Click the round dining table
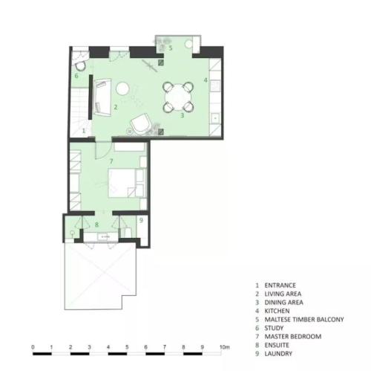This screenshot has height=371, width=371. coord(178,97)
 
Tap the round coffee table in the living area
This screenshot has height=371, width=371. coord(122,88)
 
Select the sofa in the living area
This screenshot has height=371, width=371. coord(102,97)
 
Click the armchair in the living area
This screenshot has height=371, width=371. coord(141,124)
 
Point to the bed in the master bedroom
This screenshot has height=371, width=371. coord(122,183)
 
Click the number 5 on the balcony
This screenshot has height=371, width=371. coord(171,48)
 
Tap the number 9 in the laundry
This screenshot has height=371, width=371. coord(141,220)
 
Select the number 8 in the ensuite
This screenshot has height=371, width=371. coord(96,225)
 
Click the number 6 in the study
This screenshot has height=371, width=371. coord(76,76)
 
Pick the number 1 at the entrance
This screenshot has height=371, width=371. coord(84,130)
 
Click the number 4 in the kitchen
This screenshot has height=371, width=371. coord(206,80)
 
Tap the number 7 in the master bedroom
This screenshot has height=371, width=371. coord(111,161)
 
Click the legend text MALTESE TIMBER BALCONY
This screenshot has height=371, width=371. coord(304,320)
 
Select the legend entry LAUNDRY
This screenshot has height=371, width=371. coord(278,354)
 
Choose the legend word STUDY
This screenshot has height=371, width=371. coord(274,328)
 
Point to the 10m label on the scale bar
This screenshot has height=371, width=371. coord(225,347)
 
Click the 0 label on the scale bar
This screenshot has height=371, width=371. coord(33,347)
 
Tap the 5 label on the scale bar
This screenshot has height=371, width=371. coord(127,347)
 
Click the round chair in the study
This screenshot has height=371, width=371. coord(80,66)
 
